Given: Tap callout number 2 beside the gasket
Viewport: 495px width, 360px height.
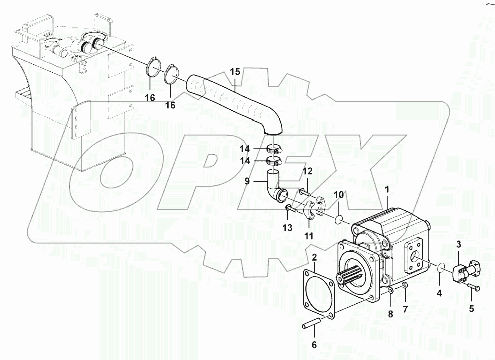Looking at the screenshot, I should [314, 258].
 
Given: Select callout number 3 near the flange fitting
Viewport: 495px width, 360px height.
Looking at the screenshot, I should [458, 245].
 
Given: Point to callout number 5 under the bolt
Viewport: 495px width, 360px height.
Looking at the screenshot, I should [471, 309].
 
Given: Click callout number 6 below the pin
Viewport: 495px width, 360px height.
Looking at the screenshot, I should [314, 345].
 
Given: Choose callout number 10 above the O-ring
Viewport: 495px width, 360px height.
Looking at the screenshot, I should [339, 194].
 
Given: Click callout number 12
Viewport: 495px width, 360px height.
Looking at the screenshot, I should [307, 172].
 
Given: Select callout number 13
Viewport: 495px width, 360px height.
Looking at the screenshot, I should [287, 228].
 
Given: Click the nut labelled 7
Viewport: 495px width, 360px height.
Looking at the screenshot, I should [405, 286].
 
